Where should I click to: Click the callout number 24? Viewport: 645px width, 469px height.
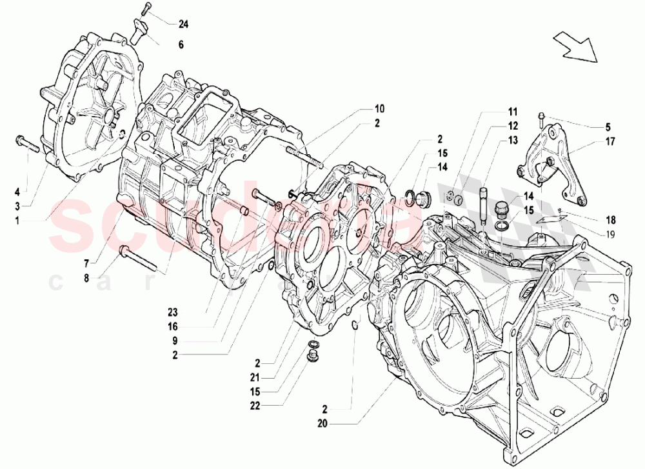click(x=183, y=25)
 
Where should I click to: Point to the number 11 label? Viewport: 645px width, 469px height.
click(x=511, y=111)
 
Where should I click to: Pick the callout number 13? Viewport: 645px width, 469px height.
click(x=511, y=140)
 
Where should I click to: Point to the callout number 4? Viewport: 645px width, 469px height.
click(x=17, y=191)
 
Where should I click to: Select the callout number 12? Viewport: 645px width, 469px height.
click(x=511, y=125)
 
